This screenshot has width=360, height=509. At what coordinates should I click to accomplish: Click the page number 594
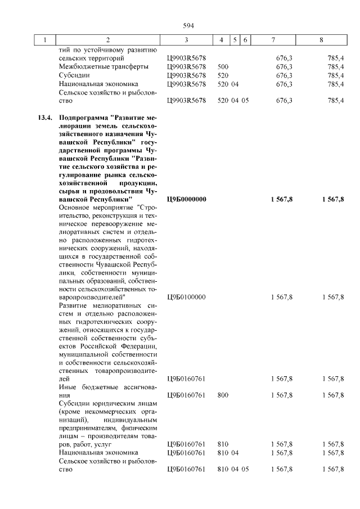click(188, 25)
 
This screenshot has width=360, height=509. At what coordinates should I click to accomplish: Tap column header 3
click(186, 40)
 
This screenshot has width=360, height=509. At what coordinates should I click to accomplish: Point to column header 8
click(321, 40)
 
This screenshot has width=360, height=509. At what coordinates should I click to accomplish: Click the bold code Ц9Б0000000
click(187, 199)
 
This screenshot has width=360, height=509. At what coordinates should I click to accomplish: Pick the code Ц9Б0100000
click(187, 296)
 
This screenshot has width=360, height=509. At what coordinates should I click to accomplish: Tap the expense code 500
click(223, 66)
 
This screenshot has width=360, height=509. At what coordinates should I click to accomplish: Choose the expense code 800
click(223, 395)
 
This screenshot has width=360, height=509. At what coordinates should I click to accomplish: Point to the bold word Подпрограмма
click(83, 119)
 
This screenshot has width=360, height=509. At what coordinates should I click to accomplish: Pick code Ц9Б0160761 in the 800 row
click(187, 395)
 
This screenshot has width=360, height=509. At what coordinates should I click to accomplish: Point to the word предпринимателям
click(89, 427)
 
